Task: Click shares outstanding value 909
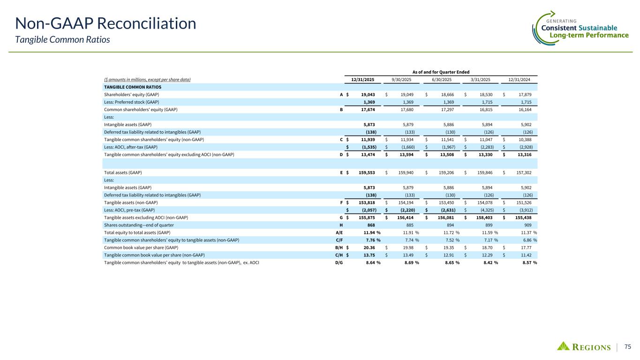(x=532, y=225)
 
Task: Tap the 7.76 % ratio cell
(x=369, y=240)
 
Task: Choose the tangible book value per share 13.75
(x=369, y=255)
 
